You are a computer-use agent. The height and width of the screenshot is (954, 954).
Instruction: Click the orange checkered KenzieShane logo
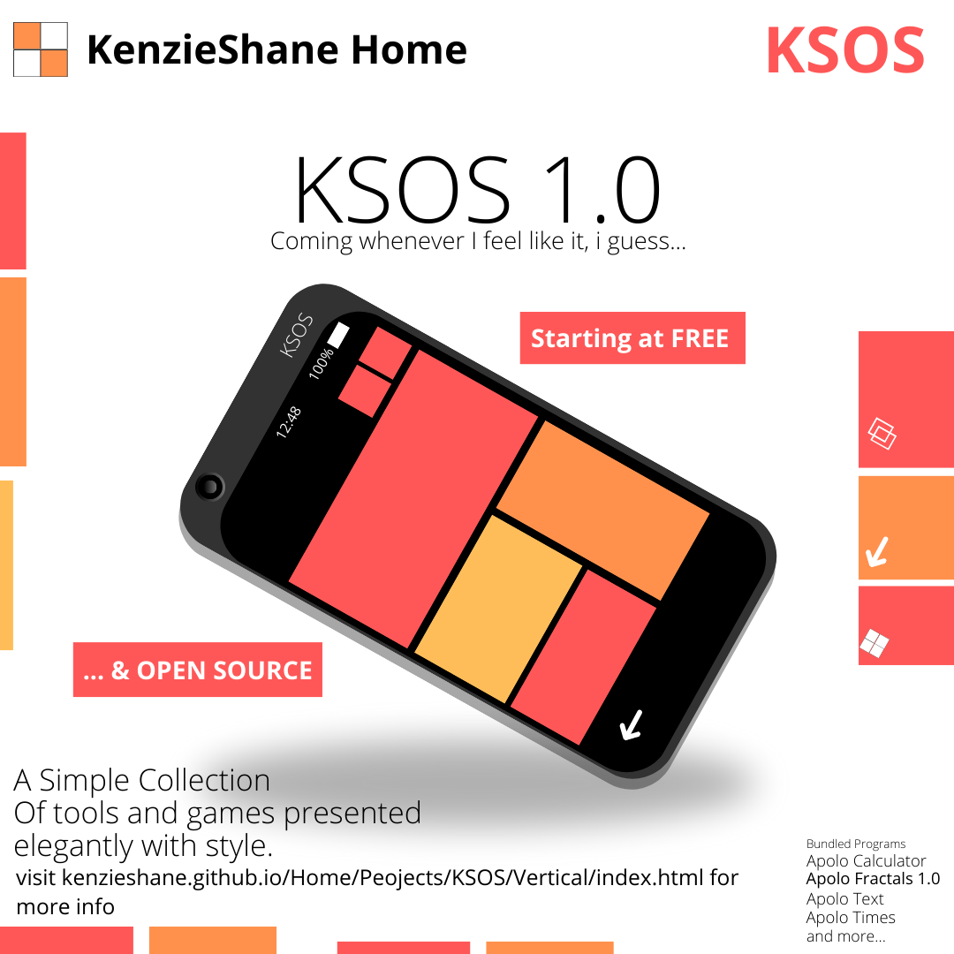point(40,49)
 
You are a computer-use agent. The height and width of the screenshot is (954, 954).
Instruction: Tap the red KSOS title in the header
point(845,50)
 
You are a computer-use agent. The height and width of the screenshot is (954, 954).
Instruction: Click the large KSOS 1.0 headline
point(478,189)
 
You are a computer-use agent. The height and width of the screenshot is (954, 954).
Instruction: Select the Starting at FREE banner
point(632,337)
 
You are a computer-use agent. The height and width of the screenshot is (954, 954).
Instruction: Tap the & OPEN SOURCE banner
point(198,670)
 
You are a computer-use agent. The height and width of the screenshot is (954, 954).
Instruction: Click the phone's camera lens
point(210,487)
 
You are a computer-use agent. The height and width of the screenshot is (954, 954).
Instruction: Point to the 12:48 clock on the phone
point(288,422)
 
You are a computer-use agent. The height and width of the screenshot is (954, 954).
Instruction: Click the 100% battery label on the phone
point(322,363)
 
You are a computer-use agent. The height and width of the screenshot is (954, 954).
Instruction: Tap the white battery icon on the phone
point(339,336)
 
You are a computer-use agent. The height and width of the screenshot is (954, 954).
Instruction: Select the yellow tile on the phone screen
point(498,609)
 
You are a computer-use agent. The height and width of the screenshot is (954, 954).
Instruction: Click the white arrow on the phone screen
point(631,724)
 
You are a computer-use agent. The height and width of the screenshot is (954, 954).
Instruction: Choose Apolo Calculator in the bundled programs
point(866,861)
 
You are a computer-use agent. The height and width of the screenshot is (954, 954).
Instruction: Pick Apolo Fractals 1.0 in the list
point(873,879)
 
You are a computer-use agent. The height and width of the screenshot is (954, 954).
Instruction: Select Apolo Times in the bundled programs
point(851,917)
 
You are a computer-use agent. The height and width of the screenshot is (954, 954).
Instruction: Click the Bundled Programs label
point(855,844)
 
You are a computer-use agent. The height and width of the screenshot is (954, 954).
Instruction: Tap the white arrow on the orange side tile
point(877,552)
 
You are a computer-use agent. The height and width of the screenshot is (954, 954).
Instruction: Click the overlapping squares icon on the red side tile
point(882,434)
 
